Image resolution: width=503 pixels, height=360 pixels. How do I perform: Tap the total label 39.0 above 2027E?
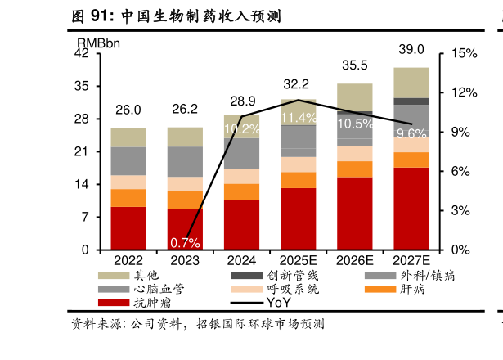point(411,49)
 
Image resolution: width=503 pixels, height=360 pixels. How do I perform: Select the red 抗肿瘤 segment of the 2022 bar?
point(128,228)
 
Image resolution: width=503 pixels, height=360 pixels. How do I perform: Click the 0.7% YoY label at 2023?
point(185,242)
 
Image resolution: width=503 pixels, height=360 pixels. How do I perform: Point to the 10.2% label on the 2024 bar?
point(241,128)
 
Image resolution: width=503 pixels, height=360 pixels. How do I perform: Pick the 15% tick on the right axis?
point(464,53)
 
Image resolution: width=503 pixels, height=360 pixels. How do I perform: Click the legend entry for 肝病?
point(413,289)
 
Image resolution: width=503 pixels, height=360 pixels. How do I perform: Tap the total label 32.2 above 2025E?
point(296,83)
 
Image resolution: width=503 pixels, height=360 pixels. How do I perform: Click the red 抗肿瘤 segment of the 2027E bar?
point(411,209)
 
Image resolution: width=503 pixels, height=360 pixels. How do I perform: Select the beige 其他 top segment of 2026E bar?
point(355,97)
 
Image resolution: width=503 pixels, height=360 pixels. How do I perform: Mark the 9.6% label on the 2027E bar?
point(411,133)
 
